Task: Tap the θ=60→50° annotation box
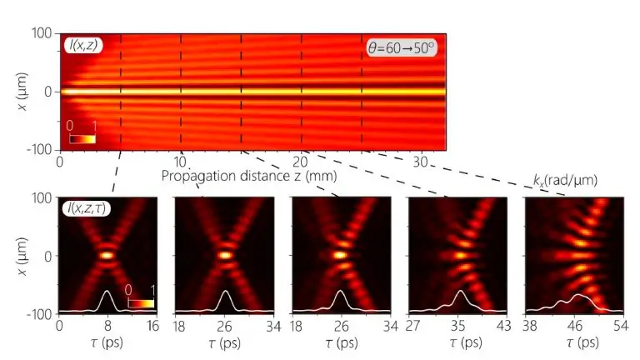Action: pos(402,47)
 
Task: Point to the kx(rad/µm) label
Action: pos(563,179)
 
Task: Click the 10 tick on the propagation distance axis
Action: pos(181,161)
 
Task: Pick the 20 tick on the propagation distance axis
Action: pos(302,161)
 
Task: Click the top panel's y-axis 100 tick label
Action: pos(42,33)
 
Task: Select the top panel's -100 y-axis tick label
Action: pos(38,150)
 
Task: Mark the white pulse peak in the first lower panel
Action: pos(107,292)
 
